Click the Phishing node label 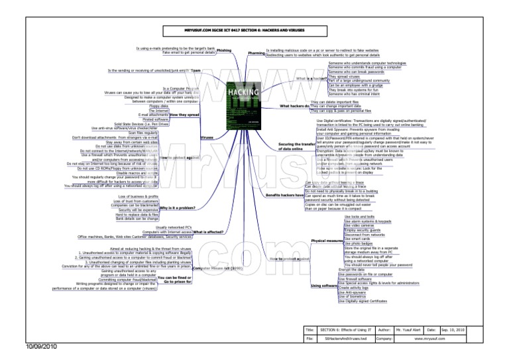(x=223, y=50)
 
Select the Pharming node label (x=256, y=52)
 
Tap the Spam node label (x=196, y=70)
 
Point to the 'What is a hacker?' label (x=311, y=78)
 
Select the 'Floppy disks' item (x=159, y=105)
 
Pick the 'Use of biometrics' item (x=356, y=297)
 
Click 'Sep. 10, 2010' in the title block (x=452, y=329)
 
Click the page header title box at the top (x=236, y=31)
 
